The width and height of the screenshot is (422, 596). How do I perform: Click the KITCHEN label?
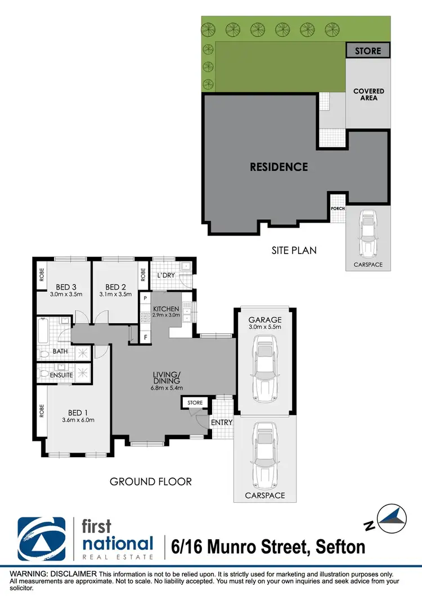(166, 309)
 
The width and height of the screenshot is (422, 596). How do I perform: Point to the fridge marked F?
(145, 337)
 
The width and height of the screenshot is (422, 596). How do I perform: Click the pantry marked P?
(145, 298)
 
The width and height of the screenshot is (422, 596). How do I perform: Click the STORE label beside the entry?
(195, 403)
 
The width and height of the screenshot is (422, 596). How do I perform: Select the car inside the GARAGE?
(264, 366)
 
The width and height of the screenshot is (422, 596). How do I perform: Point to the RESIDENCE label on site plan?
(279, 167)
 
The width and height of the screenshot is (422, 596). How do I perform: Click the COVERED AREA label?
(369, 94)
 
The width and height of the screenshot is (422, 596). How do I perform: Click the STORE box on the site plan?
(367, 51)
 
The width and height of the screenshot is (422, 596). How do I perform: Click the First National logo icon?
(42, 539)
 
